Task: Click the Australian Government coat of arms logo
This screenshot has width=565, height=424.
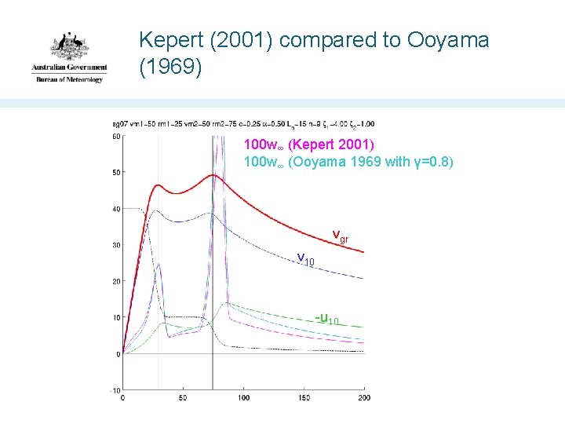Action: click(x=68, y=49)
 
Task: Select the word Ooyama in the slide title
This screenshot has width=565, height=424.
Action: click(x=447, y=40)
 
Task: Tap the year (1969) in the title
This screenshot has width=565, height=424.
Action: click(x=170, y=68)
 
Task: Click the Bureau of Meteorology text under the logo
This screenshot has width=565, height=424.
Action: click(x=68, y=79)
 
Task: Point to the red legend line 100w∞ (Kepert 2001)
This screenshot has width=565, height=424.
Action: click(x=309, y=145)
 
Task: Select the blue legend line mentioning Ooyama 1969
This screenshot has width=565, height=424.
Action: click(x=348, y=163)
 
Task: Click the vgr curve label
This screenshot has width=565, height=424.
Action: click(x=340, y=235)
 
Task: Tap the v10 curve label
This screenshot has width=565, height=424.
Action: click(x=305, y=259)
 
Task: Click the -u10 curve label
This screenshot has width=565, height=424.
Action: click(x=327, y=319)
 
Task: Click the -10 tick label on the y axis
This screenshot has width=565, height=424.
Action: click(x=114, y=390)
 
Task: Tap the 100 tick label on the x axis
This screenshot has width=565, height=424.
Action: click(x=243, y=399)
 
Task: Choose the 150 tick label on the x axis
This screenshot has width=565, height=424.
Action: click(x=304, y=399)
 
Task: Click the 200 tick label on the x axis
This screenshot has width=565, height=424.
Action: click(x=363, y=399)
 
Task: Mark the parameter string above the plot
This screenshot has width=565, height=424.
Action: click(x=244, y=124)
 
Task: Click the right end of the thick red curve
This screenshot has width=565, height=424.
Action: click(x=363, y=252)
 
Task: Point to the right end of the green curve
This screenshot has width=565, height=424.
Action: click(x=363, y=327)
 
